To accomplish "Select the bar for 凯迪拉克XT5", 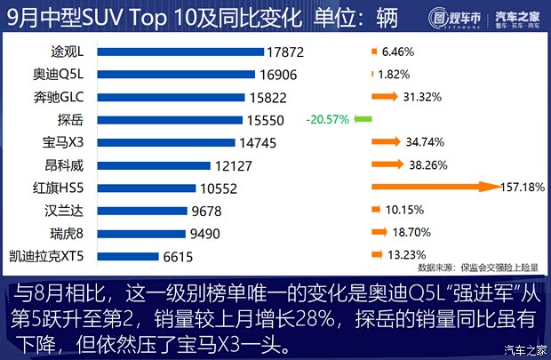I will coord(144,257).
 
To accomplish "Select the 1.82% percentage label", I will coord(396,75).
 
